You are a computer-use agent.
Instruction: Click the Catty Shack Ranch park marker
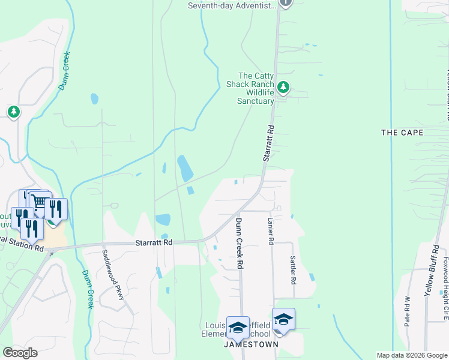click(x=283, y=88)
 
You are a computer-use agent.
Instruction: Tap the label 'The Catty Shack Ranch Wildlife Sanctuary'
click(x=255, y=88)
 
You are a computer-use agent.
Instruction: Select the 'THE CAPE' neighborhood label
click(x=402, y=132)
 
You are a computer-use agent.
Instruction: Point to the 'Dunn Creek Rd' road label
click(x=239, y=243)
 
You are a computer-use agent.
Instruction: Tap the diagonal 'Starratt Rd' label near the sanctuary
click(x=268, y=143)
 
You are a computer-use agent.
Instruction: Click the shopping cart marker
click(x=41, y=203)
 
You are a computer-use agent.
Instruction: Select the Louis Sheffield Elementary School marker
click(x=238, y=327)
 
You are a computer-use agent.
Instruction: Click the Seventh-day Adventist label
click(x=232, y=5)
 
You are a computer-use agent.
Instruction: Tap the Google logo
click(x=20, y=353)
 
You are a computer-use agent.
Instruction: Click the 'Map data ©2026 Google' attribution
click(x=411, y=355)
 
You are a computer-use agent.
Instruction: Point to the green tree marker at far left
click(x=13, y=112)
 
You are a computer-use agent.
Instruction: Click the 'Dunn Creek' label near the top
click(x=66, y=71)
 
